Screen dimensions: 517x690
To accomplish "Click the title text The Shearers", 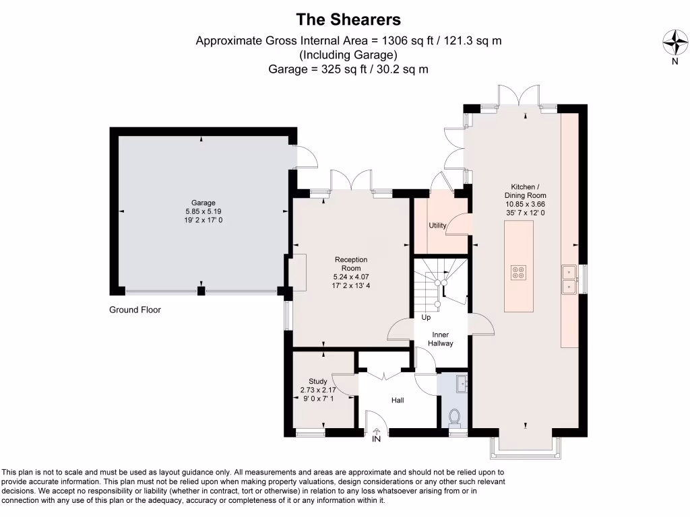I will [348, 19].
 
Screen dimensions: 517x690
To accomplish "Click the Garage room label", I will [203, 203].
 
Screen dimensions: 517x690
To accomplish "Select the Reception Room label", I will [351, 263].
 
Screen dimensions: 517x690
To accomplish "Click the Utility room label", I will [437, 226].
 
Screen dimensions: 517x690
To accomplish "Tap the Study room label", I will [317, 381].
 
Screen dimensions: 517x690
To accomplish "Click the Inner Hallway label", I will [440, 339].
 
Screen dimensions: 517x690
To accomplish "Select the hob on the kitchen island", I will [519, 271].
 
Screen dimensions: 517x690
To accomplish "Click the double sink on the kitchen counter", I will [569, 279].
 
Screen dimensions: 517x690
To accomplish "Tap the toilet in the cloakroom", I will [455, 417].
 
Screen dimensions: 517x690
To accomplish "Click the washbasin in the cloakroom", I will [461, 384].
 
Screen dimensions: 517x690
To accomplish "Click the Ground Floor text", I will [135, 310].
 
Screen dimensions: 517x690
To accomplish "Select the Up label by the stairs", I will [426, 317].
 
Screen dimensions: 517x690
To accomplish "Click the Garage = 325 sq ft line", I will [348, 69].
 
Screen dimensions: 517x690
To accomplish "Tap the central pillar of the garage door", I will [201, 291].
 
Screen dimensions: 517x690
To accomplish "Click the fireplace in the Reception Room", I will [297, 272].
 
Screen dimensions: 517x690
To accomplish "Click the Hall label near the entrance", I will [398, 400].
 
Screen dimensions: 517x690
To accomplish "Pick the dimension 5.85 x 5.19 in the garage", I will [203, 211].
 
